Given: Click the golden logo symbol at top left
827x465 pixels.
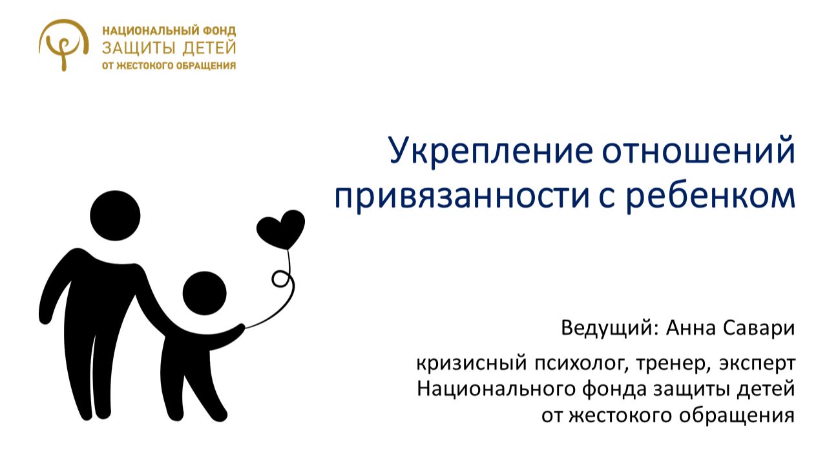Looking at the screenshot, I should (63, 43).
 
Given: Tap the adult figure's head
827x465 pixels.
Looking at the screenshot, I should (115, 215).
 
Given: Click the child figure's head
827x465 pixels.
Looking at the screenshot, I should (204, 293).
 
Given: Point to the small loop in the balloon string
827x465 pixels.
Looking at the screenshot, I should (280, 279).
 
